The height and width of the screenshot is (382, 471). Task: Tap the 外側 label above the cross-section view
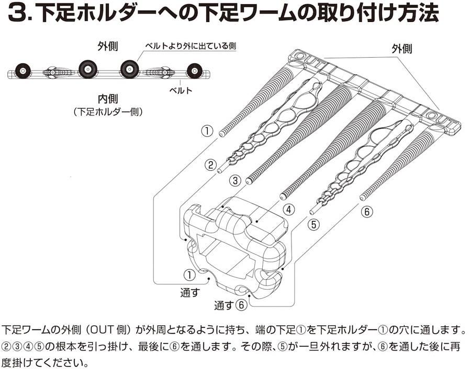pos(107,46)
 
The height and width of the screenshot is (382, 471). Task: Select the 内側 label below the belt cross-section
pos(107,98)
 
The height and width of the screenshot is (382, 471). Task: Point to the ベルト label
pos(181,90)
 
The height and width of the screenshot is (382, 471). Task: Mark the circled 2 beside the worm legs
pos(210,166)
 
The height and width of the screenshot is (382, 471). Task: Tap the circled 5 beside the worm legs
pos(313,225)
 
